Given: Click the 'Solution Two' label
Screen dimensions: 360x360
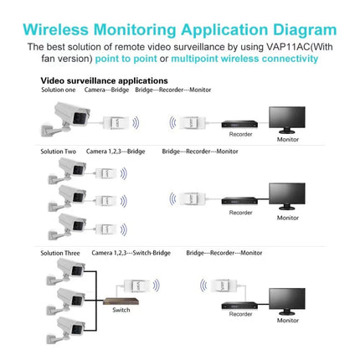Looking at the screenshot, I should coord(59,152).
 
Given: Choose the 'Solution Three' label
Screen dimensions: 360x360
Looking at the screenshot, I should coord(61,252).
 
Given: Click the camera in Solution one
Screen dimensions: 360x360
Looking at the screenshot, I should coord(71,118).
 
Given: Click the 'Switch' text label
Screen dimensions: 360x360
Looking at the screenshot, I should coord(121,310).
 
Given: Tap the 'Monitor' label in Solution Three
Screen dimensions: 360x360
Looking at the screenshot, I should coord(288,321).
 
